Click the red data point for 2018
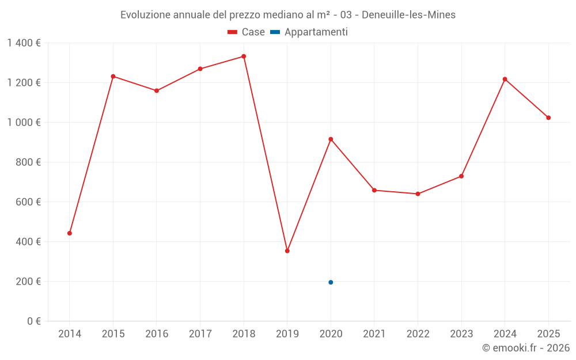[x=244, y=56]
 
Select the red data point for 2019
[x=287, y=251]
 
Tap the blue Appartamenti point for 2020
[x=331, y=282]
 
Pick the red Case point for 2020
[x=331, y=139]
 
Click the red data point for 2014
[x=70, y=233]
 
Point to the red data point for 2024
[x=505, y=79]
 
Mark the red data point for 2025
[x=548, y=118]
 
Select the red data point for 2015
[x=113, y=76]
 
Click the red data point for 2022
[x=418, y=194]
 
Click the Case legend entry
[x=247, y=32]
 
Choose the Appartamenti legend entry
[x=309, y=32]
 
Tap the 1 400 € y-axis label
[x=24, y=43]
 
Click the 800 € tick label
[x=28, y=162]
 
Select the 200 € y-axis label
[x=28, y=282]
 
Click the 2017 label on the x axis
[x=200, y=334]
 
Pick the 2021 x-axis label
[x=374, y=334]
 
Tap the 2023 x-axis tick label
[x=461, y=334]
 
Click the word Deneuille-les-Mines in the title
[x=408, y=15]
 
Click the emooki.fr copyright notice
[x=526, y=348]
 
